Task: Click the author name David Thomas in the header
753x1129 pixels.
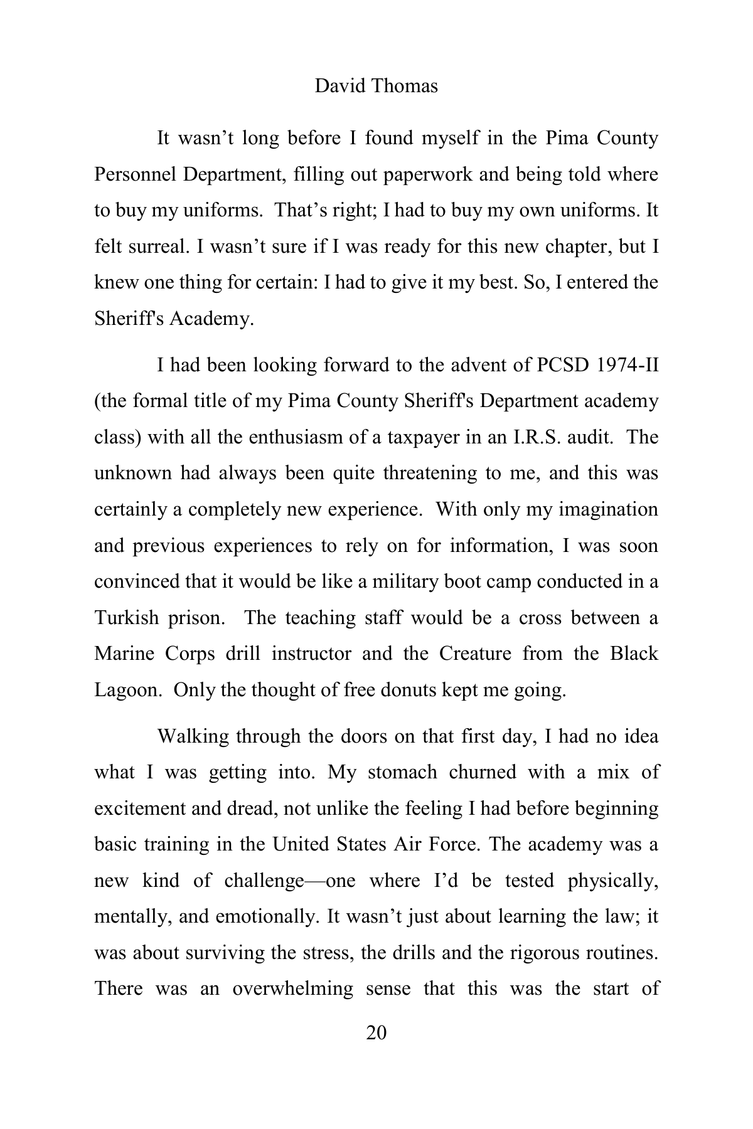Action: click(376, 86)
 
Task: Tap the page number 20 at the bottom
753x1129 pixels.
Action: click(376, 1032)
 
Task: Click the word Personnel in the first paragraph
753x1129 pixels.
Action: click(135, 174)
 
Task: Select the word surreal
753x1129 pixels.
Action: click(156, 246)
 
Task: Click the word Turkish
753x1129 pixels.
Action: click(127, 618)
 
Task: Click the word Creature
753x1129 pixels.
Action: click(475, 654)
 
